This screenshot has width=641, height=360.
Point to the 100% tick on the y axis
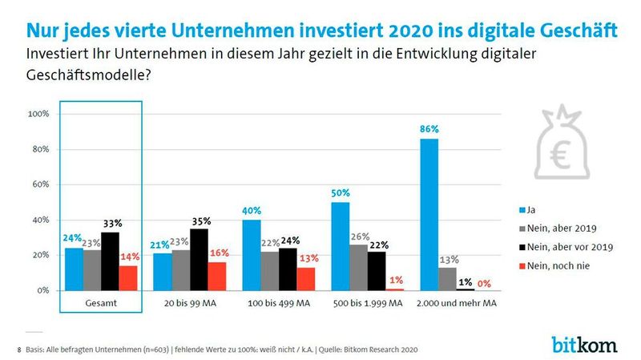[x=39, y=114]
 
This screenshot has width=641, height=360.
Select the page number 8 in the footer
[x=19, y=350]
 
